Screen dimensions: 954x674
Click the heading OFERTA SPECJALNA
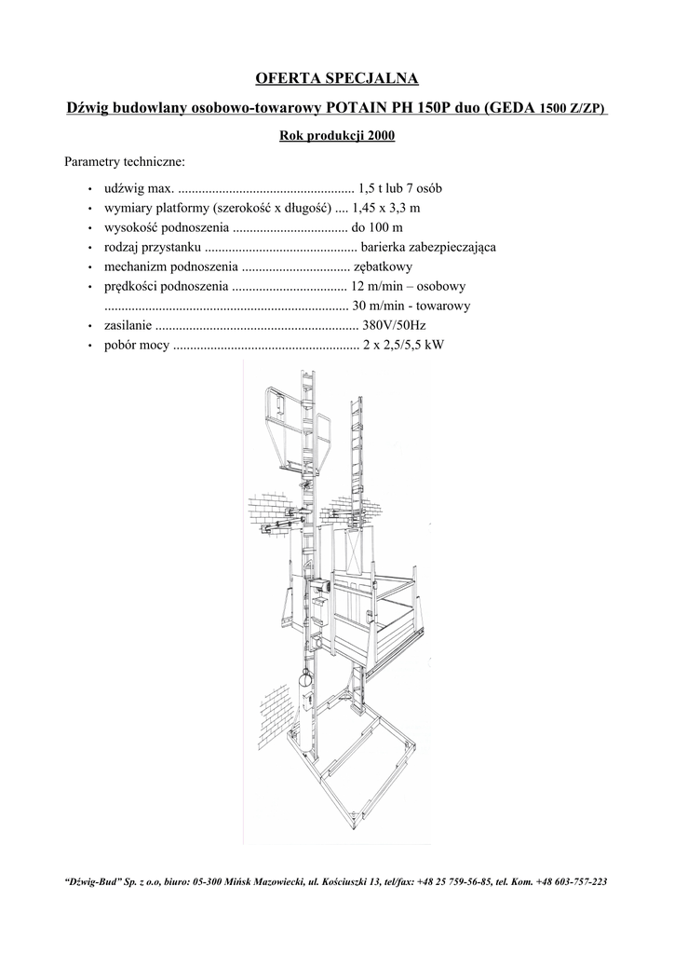click(337, 76)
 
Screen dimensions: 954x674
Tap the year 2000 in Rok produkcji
click(382, 137)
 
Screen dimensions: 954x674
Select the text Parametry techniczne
click(125, 162)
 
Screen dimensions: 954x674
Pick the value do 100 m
click(377, 226)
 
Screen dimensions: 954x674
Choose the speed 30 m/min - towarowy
click(411, 306)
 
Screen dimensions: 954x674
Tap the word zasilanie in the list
click(127, 325)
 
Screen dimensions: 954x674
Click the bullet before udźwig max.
click(89, 188)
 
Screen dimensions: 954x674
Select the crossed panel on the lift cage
click(355, 552)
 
